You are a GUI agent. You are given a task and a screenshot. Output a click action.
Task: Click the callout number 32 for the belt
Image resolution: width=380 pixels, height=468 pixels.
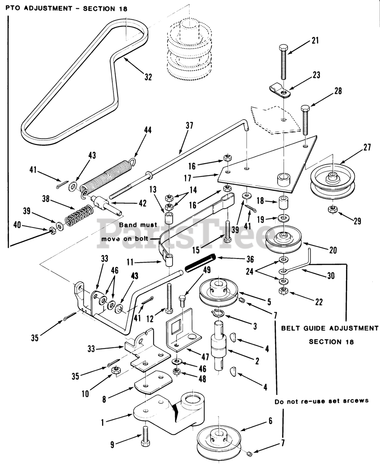[147, 77]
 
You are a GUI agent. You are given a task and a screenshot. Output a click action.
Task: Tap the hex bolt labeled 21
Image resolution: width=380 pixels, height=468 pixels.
[284, 62]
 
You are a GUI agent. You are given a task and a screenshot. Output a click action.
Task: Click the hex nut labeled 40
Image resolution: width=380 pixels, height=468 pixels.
[52, 231]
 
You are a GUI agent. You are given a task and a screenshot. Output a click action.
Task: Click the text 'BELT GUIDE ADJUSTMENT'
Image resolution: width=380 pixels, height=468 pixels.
[330, 328]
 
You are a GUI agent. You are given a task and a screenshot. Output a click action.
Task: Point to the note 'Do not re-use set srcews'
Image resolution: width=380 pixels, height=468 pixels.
[321, 401]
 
